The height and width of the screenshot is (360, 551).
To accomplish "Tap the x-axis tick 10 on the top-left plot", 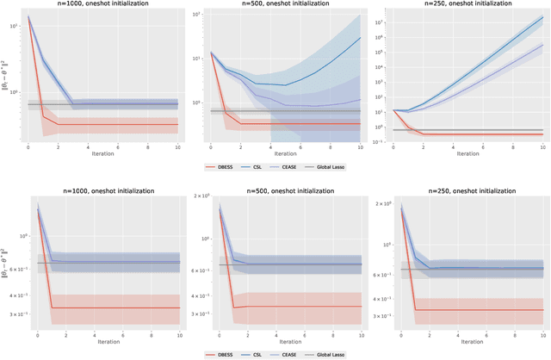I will pyautogui.click(x=178, y=147).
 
